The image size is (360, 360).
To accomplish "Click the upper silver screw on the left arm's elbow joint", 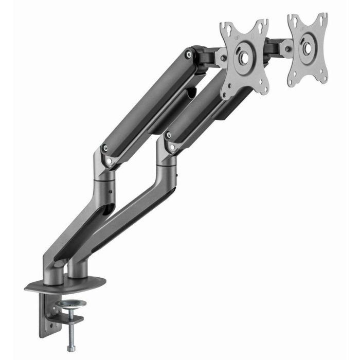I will (x=105, y=149).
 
